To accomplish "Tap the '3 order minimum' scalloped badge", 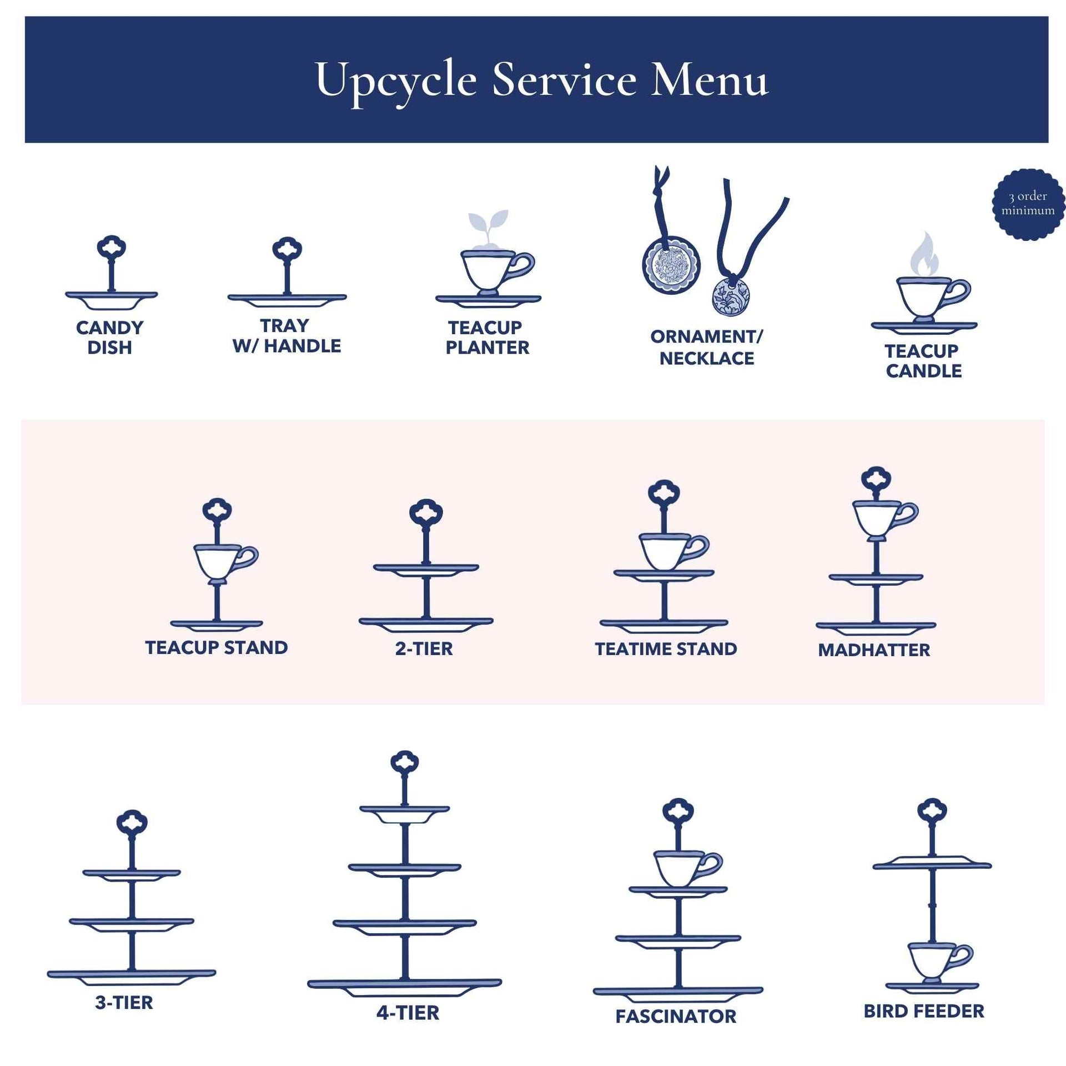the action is click(1028, 204).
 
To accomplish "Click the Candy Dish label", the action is click(109, 338).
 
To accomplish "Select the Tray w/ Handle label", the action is click(286, 336).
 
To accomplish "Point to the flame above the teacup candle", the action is click(924, 254).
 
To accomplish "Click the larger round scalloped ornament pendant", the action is click(671, 264).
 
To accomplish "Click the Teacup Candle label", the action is click(923, 361).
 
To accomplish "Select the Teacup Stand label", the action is click(217, 647).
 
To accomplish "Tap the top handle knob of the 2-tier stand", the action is click(426, 513).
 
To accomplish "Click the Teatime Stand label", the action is click(666, 649).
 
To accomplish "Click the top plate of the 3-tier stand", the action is click(132, 876).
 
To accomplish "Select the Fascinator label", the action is click(676, 1016).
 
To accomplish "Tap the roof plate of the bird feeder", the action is click(932, 863).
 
